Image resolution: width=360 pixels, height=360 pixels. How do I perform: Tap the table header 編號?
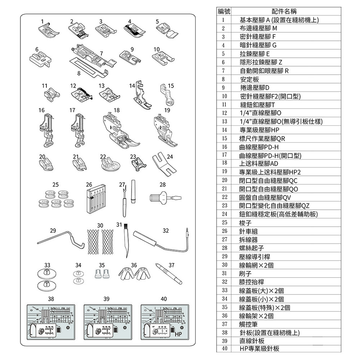224,12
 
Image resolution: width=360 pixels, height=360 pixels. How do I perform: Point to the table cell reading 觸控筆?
251,324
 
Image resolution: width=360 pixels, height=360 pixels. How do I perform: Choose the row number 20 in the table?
224,180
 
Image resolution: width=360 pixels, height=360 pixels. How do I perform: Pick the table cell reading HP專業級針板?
260,348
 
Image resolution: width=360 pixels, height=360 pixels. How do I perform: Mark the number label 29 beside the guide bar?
53,230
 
